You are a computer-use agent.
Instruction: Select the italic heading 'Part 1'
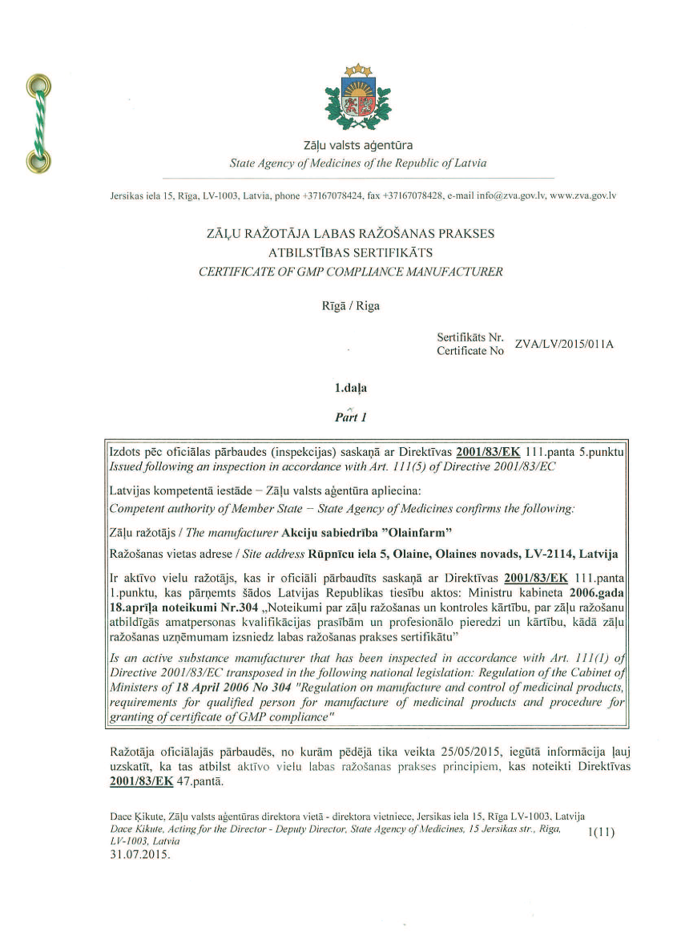[349, 417]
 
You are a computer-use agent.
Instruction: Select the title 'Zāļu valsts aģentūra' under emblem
[358, 146]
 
